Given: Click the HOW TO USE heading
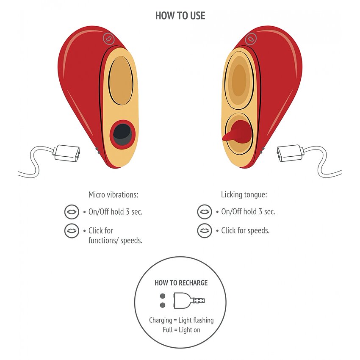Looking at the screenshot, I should pos(180,16).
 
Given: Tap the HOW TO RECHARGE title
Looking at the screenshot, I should pos(181,283).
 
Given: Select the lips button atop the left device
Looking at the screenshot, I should pos(109,39).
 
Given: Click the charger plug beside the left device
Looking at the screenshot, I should pos(66,152).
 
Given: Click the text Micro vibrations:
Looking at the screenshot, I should pos(114,195).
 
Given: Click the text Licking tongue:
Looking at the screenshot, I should pos(244,195).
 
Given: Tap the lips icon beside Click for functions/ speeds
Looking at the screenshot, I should pos(71,231).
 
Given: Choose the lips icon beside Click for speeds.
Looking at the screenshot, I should pos(205,231).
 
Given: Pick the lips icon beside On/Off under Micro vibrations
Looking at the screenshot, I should pos(71,211).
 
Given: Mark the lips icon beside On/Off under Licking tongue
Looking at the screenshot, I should pos(205,211).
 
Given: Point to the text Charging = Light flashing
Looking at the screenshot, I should pos(181,320).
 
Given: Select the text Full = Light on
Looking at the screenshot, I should pos(181,330).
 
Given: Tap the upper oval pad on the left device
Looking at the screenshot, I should pos(121,80).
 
